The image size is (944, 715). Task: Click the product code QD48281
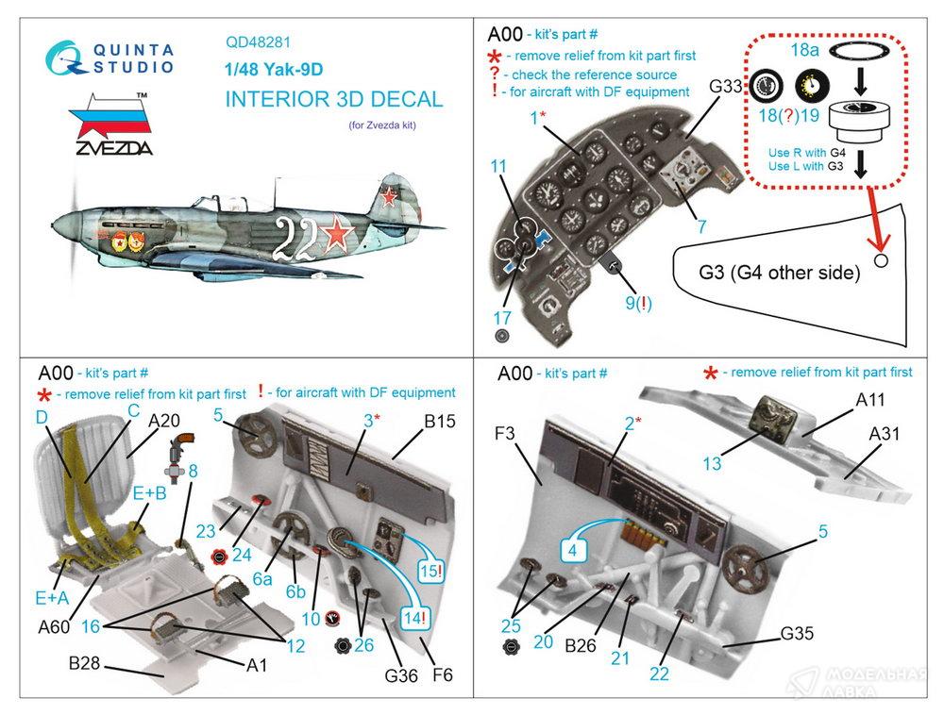click(257, 42)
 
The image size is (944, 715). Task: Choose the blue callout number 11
click(498, 167)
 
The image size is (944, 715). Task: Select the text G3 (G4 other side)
click(780, 273)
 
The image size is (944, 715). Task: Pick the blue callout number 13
click(713, 463)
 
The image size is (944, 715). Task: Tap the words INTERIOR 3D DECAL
click(334, 99)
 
